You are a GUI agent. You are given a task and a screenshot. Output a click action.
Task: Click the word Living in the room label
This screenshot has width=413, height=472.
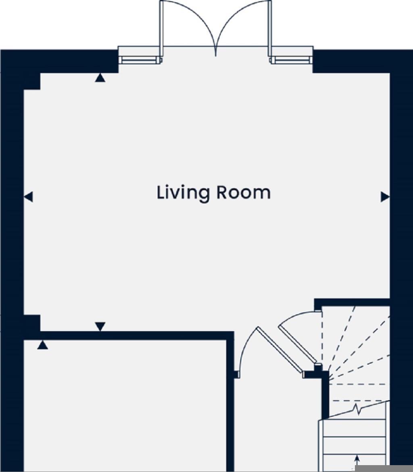(183, 193)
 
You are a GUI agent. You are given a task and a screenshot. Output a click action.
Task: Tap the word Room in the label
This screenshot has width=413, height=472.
(243, 193)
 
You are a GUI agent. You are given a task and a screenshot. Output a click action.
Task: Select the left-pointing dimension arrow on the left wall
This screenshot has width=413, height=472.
(28, 197)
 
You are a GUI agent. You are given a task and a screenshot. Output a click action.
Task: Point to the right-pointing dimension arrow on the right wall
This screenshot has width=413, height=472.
(385, 197)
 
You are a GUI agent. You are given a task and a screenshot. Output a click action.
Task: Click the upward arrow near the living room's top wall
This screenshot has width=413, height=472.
(100, 78)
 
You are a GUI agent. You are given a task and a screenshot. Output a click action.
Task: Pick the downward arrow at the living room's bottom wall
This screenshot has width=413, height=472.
(100, 326)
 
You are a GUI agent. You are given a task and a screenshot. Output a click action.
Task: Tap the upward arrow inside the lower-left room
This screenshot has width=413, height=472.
(43, 345)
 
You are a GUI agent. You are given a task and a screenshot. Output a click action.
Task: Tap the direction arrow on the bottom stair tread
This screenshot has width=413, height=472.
(357, 459)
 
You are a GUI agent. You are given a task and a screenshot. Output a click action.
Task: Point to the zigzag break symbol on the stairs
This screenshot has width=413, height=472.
(357, 409)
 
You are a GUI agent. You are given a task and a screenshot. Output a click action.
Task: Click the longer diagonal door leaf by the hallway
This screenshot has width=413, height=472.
(280, 350)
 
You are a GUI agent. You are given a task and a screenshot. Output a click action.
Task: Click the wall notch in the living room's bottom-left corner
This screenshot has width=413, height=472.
(32, 323)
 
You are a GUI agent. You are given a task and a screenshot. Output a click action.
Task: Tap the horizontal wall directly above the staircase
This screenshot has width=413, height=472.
(352, 302)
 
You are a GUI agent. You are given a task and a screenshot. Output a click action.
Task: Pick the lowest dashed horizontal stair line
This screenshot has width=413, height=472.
(358, 401)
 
